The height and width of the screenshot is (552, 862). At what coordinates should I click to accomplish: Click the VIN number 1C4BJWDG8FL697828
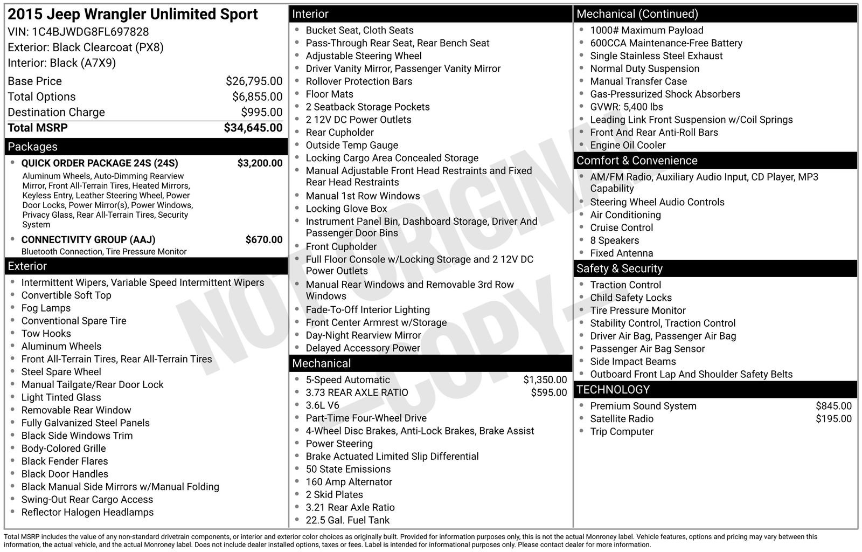(90, 32)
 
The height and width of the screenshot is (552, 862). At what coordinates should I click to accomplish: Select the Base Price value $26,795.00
(254, 81)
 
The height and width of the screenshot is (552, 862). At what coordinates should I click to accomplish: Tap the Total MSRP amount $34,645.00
(253, 128)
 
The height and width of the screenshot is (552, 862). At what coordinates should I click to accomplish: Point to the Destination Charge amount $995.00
(261, 112)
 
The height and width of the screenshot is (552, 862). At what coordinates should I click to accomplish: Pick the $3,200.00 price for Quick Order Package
(260, 163)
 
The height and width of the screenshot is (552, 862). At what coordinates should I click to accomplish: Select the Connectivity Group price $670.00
(263, 240)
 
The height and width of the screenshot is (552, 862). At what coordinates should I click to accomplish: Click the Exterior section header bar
(146, 266)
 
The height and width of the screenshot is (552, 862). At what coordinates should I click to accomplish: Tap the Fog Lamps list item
(46, 308)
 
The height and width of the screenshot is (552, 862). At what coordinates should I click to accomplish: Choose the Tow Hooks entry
(46, 334)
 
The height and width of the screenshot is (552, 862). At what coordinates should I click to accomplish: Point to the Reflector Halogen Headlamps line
(87, 513)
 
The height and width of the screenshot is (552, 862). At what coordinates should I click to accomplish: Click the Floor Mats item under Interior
(329, 94)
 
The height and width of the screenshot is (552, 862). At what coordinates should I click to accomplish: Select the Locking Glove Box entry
(346, 209)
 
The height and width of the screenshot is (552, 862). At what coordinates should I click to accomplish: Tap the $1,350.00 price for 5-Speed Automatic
(545, 380)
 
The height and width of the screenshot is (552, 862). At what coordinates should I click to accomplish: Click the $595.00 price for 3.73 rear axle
(548, 393)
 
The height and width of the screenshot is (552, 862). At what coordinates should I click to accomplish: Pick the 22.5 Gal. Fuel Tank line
(347, 520)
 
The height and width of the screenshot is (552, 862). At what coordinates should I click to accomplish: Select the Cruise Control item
(621, 228)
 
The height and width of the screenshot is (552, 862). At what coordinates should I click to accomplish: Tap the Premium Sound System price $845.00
(833, 406)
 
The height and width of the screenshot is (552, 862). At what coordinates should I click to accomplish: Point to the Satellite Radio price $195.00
(833, 419)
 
